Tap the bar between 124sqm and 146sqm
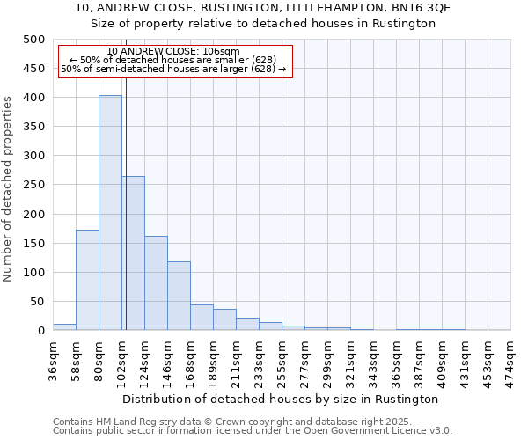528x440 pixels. (156, 282)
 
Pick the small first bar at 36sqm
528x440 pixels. (64, 326)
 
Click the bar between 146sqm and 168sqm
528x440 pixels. (179, 296)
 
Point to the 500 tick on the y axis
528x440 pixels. (34, 40)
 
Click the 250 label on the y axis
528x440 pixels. (34, 185)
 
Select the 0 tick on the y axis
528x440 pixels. (40, 331)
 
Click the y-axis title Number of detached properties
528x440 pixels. (9, 185)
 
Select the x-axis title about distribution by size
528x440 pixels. (280, 399)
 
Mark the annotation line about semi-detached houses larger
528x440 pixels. (173, 70)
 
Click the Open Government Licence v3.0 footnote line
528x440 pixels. (253, 431)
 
